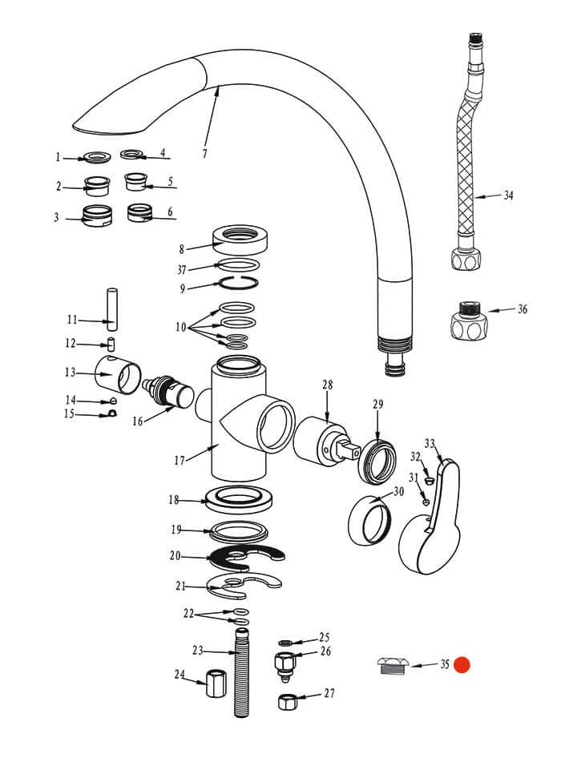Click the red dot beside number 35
pyautogui.click(x=461, y=664)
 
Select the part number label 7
pyautogui.click(x=204, y=153)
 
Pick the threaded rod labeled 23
pyautogui.click(x=241, y=672)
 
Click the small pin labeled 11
pyautogui.click(x=113, y=308)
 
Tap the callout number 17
pyautogui.click(x=180, y=460)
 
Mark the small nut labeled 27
pyautogui.click(x=288, y=702)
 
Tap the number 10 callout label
pyautogui.click(x=181, y=327)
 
